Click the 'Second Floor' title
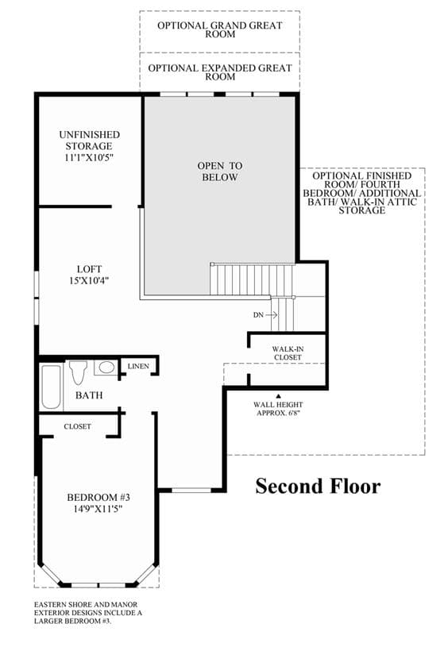[318, 486]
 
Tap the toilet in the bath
[78, 372]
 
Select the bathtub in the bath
[51, 387]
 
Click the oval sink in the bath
[106, 367]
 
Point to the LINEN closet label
[138, 366]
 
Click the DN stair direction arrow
[272, 315]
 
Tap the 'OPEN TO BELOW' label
[220, 171]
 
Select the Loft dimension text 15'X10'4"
[89, 280]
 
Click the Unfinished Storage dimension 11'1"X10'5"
[89, 157]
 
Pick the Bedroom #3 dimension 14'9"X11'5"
[98, 509]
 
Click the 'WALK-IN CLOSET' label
[288, 353]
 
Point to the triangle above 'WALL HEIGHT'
[278, 395]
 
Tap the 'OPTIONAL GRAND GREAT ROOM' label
[220, 29]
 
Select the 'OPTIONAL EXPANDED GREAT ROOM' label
[220, 72]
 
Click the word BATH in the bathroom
[89, 395]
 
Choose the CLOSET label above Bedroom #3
[78, 426]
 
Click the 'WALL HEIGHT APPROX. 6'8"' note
[278, 409]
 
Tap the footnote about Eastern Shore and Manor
[88, 613]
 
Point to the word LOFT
[89, 269]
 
